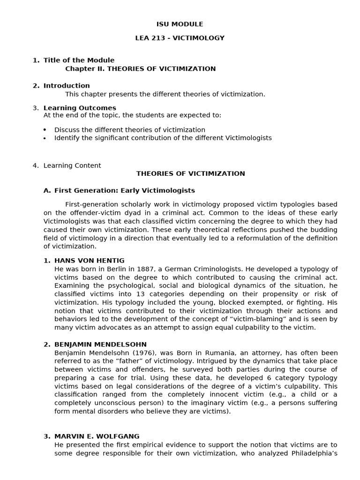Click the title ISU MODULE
(x=180, y=24)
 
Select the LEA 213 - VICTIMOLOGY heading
(x=180, y=38)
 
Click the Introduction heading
(x=67, y=86)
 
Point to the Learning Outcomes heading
(x=80, y=108)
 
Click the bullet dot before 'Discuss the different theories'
(x=45, y=130)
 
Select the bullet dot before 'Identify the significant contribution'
(x=45, y=138)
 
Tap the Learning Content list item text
(x=72, y=165)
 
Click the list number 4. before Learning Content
(x=36, y=165)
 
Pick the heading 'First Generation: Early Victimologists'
(x=124, y=191)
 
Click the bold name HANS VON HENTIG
(x=90, y=261)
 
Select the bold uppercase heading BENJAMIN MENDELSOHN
(x=100, y=345)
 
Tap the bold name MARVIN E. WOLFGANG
(x=97, y=436)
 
